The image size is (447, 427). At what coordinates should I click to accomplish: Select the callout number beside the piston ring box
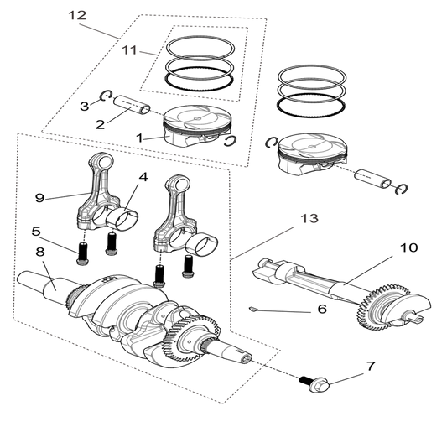click(130, 52)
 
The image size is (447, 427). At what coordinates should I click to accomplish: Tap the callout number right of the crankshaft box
click(309, 218)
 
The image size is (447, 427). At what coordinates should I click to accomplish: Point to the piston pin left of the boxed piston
click(130, 104)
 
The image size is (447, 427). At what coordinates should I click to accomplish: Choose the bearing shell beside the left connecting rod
click(125, 220)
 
